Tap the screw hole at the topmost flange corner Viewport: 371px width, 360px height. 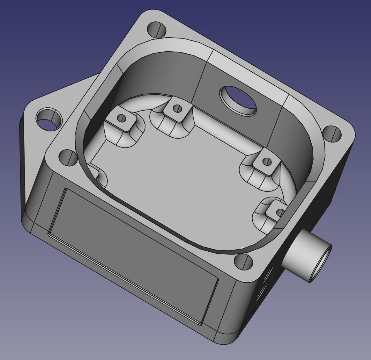pyautogui.click(x=157, y=30)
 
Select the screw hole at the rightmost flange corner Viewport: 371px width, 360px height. pyautogui.click(x=332, y=134)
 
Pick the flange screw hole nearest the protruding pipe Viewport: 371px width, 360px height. pyautogui.click(x=243, y=262)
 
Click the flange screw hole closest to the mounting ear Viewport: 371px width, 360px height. pyautogui.click(x=68, y=157)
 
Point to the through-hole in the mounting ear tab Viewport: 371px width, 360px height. pyautogui.click(x=49, y=119)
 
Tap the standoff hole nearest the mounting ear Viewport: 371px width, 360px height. pyautogui.click(x=122, y=119)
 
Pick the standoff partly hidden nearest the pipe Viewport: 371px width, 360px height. pyautogui.click(x=280, y=212)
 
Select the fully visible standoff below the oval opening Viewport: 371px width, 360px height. pyautogui.click(x=267, y=162)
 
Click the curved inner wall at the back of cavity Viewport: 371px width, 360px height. pyautogui.click(x=166, y=73)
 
